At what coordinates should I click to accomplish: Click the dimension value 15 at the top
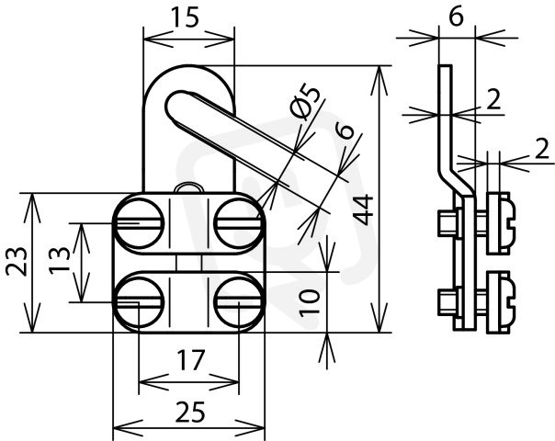(x=185, y=17)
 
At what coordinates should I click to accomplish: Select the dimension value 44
(x=364, y=209)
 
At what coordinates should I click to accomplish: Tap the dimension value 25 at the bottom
(x=190, y=412)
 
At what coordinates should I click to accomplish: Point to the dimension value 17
(x=191, y=360)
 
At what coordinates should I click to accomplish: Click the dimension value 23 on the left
(x=17, y=262)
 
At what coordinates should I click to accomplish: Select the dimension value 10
(x=310, y=302)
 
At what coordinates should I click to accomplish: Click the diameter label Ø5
(x=305, y=103)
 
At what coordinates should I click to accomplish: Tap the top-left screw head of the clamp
(x=139, y=222)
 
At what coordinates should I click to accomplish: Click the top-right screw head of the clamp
(x=239, y=222)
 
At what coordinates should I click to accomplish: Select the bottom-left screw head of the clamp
(x=139, y=301)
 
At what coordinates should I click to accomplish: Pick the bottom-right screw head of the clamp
(x=239, y=301)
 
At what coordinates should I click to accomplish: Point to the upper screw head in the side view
(x=500, y=223)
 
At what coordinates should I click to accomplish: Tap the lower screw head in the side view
(x=500, y=302)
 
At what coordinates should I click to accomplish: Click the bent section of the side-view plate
(x=457, y=179)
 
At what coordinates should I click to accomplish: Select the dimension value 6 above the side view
(x=456, y=17)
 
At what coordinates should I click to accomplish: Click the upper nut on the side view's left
(x=447, y=223)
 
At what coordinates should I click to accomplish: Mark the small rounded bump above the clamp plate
(x=189, y=187)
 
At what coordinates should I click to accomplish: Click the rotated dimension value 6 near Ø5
(x=345, y=131)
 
